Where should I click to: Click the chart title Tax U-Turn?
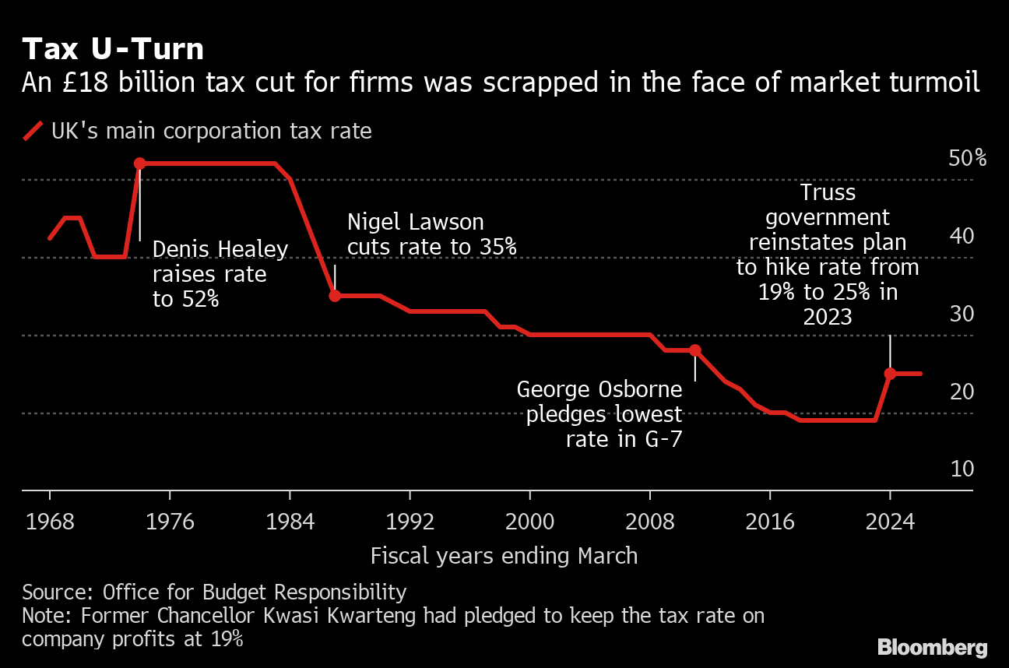[x=113, y=49]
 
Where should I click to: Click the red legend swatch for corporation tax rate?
[x=33, y=131]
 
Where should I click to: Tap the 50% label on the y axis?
[x=968, y=158]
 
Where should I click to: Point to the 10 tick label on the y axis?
[x=962, y=469]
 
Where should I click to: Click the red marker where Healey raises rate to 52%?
[x=140, y=163]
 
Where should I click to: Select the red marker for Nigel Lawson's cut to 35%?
[x=335, y=296]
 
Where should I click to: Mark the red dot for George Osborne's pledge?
[x=695, y=350]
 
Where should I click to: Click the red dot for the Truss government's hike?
[x=890, y=374]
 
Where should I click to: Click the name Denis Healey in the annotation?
[x=220, y=249]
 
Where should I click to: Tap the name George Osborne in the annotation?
[x=599, y=389]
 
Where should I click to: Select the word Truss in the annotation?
[x=828, y=192]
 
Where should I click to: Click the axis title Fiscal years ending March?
[x=504, y=556]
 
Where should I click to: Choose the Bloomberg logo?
[x=932, y=647]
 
